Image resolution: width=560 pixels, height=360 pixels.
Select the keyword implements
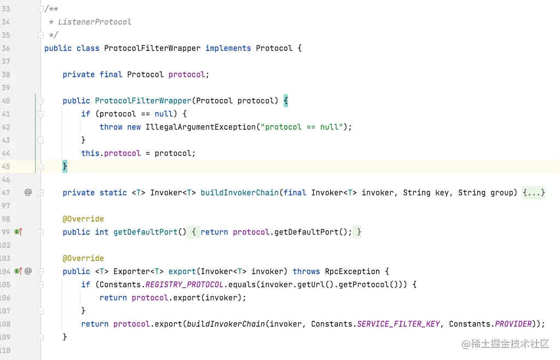click(x=228, y=48)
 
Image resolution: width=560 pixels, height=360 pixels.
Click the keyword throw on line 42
click(x=111, y=127)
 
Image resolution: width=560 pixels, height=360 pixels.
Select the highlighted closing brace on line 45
click(x=65, y=166)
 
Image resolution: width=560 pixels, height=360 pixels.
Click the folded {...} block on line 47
click(x=534, y=193)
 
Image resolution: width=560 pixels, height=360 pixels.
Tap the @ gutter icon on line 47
click(x=28, y=193)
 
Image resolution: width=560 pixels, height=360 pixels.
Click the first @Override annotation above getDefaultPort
click(x=83, y=219)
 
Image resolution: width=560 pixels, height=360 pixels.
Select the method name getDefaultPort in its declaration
click(x=145, y=232)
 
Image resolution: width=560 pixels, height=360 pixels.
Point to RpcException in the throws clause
click(x=352, y=271)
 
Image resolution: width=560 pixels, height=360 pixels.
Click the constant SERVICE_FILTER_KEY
click(x=398, y=324)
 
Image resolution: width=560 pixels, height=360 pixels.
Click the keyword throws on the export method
click(x=306, y=271)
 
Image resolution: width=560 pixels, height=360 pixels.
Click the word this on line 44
click(x=90, y=153)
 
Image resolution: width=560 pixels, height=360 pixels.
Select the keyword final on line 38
click(x=111, y=74)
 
